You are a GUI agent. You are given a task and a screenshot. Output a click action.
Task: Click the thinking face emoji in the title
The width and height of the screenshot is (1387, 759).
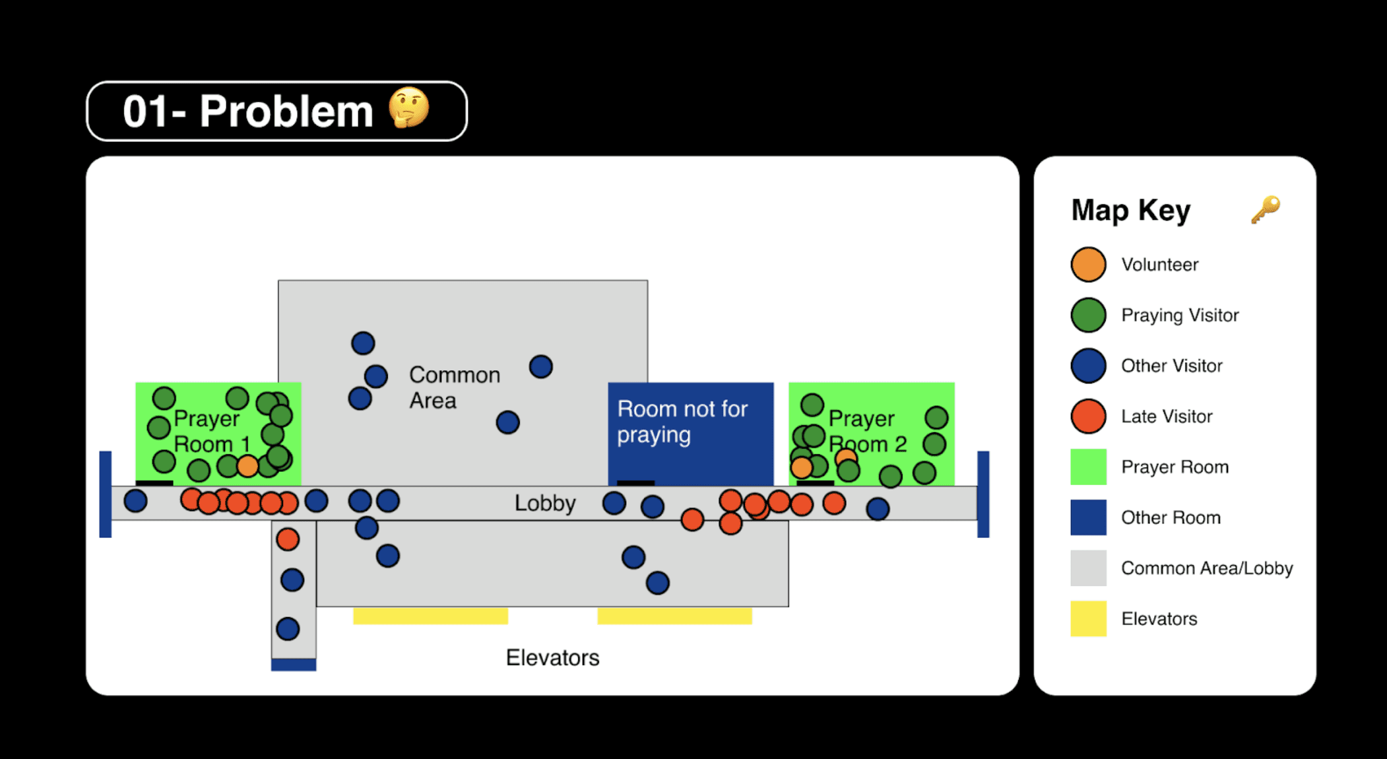click(x=409, y=108)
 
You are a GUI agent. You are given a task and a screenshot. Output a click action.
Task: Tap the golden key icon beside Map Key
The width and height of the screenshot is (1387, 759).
click(x=1266, y=210)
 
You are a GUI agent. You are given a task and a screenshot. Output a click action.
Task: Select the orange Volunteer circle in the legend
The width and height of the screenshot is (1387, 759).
click(x=1088, y=265)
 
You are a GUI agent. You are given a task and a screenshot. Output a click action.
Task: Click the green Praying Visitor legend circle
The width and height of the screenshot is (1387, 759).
click(x=1088, y=315)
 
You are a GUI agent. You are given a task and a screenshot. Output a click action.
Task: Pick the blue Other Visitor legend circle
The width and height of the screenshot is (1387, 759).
click(x=1088, y=366)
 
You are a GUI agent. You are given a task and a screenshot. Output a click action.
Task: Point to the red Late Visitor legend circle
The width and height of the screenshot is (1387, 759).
click(x=1088, y=416)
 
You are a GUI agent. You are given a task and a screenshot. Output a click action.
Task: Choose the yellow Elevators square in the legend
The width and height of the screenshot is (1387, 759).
click(x=1088, y=618)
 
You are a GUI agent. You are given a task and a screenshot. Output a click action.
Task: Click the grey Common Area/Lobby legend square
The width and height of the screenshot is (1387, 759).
click(x=1088, y=568)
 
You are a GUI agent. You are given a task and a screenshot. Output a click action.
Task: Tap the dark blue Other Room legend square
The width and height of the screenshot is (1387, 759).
click(x=1088, y=517)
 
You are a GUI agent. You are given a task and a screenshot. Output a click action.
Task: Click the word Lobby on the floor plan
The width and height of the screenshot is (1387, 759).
click(x=545, y=504)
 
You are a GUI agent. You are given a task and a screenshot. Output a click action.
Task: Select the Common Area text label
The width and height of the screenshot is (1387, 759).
click(x=455, y=387)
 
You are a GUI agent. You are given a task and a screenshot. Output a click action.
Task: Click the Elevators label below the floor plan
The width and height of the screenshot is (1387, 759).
click(x=553, y=657)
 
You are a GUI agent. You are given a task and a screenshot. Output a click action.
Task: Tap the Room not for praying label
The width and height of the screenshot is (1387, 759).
click(x=682, y=422)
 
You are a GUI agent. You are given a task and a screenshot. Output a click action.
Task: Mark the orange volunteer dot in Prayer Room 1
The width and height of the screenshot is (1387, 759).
click(x=247, y=466)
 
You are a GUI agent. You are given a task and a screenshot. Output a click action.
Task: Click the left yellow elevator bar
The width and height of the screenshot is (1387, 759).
click(x=431, y=616)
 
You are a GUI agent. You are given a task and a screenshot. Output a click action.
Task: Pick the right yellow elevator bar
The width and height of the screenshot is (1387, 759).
click(x=674, y=616)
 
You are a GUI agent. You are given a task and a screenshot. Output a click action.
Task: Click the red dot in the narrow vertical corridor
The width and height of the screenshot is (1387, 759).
click(x=288, y=539)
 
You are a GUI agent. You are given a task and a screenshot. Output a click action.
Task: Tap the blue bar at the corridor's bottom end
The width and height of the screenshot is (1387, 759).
click(x=294, y=665)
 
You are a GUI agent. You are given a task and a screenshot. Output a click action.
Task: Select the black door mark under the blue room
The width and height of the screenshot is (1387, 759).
click(x=636, y=483)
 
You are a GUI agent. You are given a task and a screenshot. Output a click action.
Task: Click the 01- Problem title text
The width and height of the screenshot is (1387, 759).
click(x=248, y=111)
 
